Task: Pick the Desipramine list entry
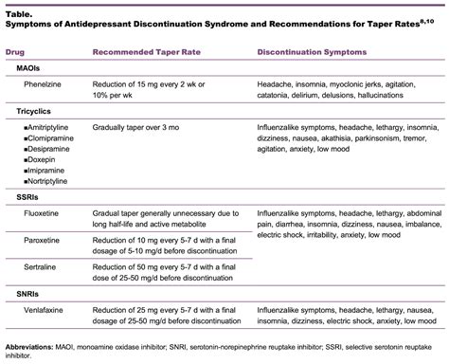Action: tap(47, 148)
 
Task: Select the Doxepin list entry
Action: tap(42, 159)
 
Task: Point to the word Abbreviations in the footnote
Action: tap(29, 346)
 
